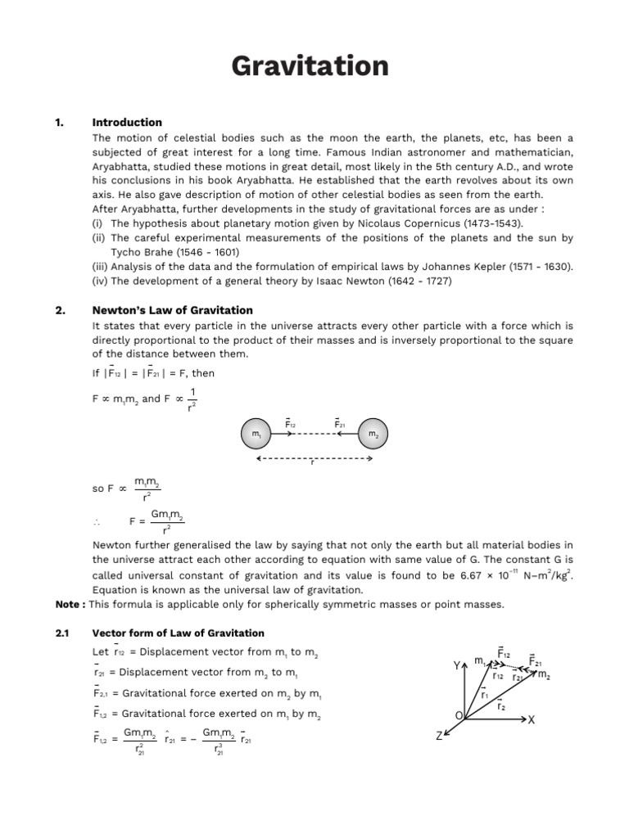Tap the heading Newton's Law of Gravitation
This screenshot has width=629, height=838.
click(x=173, y=310)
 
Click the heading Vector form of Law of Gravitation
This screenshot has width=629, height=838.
click(x=178, y=633)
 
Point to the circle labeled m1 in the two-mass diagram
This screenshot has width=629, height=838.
click(x=256, y=433)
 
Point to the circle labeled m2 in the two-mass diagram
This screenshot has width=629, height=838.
click(x=373, y=433)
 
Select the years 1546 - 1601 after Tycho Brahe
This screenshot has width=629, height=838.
click(x=202, y=252)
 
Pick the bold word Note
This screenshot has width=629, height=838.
click(x=68, y=604)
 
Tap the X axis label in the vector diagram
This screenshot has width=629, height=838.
click(x=531, y=720)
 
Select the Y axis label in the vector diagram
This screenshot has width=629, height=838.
click(x=456, y=666)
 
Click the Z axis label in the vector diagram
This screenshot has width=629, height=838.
click(x=439, y=737)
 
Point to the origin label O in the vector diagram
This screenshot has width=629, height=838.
click(x=459, y=716)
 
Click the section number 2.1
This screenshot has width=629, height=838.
click(x=62, y=633)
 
